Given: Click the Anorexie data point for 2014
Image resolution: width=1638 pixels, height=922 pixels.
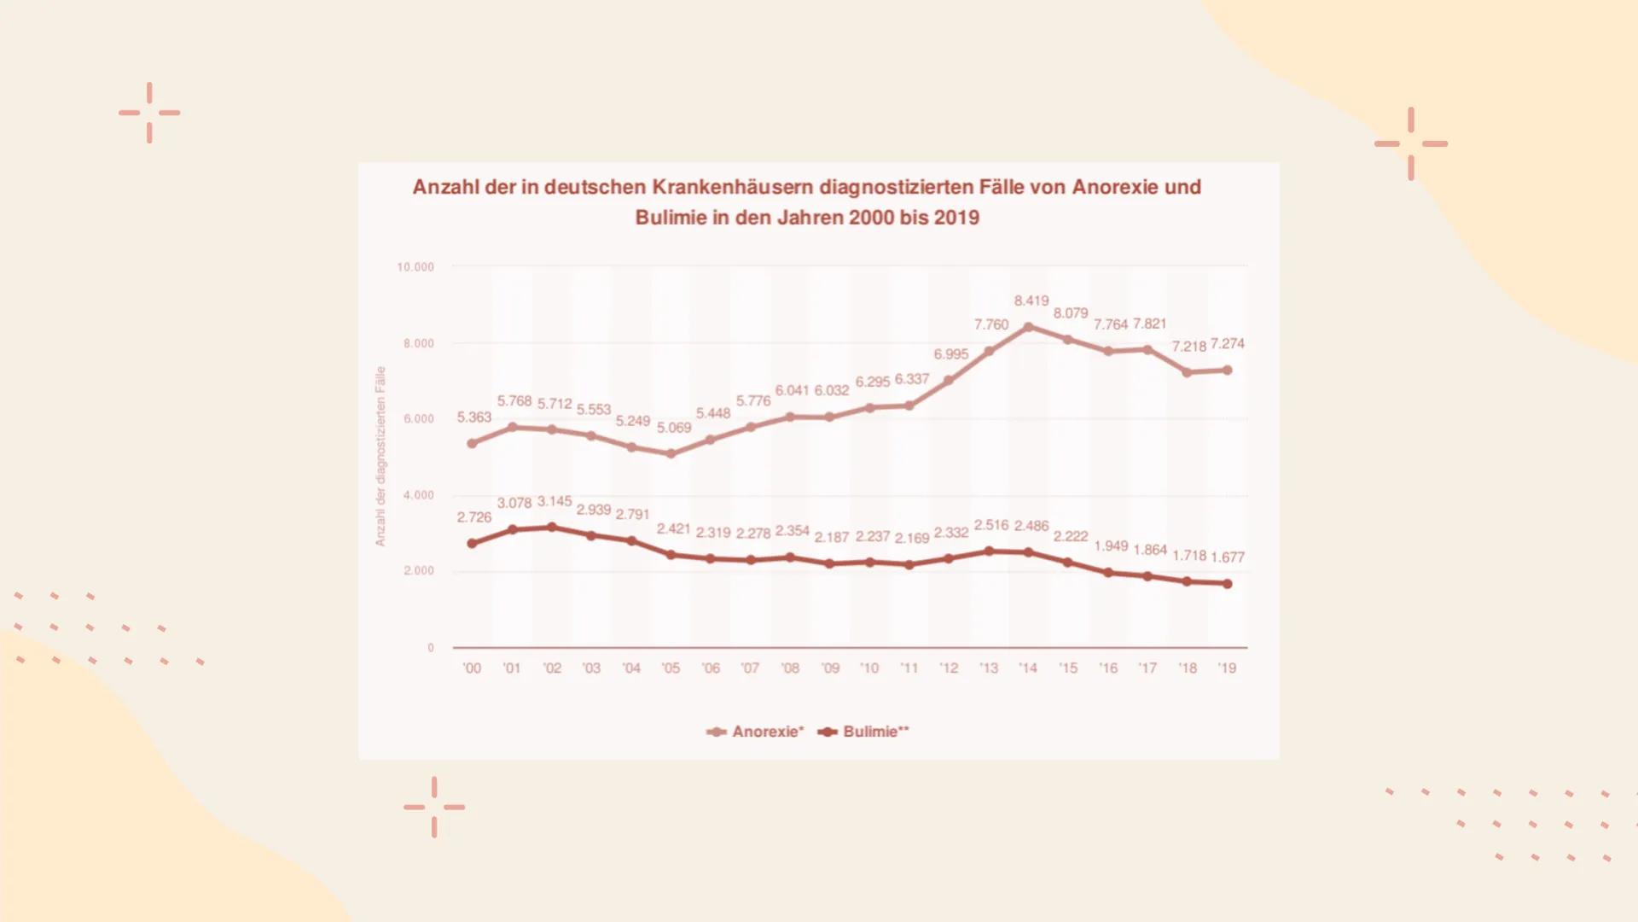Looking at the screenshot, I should coord(1028,327).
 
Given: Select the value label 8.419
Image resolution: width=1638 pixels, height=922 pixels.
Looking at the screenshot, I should coord(1031,301).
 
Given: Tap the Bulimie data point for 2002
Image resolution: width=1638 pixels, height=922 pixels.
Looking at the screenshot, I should coord(552,528).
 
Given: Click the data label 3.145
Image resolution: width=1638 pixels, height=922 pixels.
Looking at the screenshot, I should coord(554,501).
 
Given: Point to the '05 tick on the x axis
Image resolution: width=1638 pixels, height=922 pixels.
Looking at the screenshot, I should coord(671,668).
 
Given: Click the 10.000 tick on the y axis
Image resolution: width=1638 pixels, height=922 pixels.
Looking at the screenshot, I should coord(415,267).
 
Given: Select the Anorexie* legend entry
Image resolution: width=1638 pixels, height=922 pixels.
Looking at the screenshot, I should coord(756,732).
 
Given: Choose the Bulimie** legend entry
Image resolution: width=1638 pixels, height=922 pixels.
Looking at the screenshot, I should coord(864,732).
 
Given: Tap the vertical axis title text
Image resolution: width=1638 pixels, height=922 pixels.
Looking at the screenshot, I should coord(380,456).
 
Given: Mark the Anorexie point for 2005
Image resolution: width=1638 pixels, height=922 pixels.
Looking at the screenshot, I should coord(671,454).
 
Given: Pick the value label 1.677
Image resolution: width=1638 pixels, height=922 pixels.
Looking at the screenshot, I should coord(1227,557).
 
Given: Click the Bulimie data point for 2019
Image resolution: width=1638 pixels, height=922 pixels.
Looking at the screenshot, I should coord(1228,584).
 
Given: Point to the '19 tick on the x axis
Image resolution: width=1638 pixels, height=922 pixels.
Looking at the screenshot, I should coord(1227,668).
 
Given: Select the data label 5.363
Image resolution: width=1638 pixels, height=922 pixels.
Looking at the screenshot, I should coord(473,417).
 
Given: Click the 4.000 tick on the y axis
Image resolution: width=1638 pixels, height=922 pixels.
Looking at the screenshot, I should coord(418,495).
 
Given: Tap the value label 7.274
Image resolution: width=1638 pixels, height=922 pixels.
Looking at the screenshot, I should coord(1227,344).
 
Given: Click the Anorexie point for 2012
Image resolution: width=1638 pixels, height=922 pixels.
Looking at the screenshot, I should coord(949,381).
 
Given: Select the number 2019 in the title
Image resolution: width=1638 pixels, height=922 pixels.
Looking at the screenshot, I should coord(956,218).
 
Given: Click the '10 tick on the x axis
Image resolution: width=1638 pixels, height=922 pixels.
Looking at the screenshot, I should coord(868,668).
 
